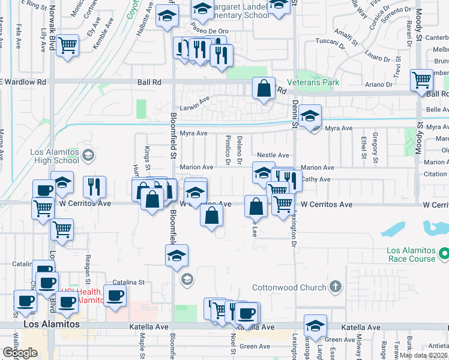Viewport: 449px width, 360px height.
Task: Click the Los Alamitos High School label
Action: (x=55, y=156)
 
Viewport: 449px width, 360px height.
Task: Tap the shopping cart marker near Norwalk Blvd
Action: (x=68, y=45)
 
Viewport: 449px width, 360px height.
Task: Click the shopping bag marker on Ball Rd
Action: (x=264, y=89)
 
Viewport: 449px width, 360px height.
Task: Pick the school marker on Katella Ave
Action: (x=315, y=325)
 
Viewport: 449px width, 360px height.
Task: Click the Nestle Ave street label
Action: (x=273, y=155)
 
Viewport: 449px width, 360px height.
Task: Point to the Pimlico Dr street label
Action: (x=228, y=150)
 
